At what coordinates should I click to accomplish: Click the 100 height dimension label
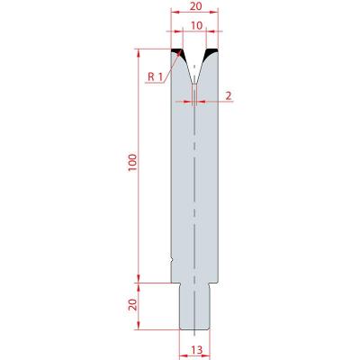[x=133, y=163]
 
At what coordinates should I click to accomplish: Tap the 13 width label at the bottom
[x=196, y=350]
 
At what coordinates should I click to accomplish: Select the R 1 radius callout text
[x=155, y=77]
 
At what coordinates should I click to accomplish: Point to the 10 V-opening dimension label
[x=196, y=26]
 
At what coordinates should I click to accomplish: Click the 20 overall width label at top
[x=196, y=6]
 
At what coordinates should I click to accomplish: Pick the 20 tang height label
[x=133, y=305]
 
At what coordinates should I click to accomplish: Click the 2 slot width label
[x=229, y=96]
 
